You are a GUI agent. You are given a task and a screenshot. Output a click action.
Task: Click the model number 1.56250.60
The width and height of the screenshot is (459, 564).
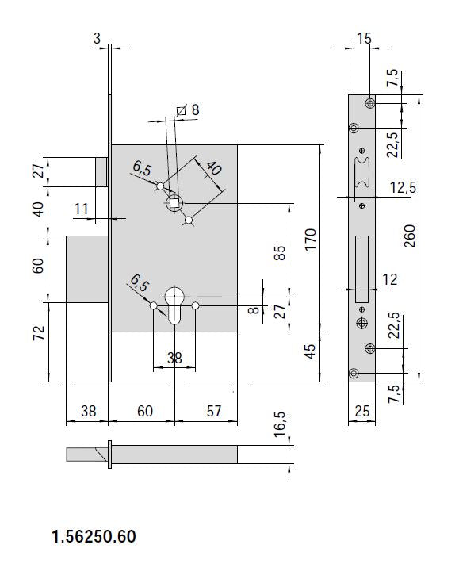[94, 536]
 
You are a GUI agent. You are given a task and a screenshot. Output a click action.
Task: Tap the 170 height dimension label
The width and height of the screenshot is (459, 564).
[310, 240]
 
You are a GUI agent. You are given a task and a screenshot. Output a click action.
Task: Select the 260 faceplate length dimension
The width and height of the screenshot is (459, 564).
[409, 236]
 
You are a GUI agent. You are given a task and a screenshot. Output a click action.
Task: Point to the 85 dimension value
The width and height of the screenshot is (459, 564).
[281, 252]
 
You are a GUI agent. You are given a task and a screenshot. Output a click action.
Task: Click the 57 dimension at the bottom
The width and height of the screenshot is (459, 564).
[214, 411]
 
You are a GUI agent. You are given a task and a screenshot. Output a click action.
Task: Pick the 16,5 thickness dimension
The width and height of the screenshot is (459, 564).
[281, 424]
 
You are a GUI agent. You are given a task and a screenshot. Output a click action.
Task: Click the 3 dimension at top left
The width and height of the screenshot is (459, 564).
[97, 38]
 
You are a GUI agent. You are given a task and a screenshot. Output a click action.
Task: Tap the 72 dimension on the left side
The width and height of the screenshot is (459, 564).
[39, 332]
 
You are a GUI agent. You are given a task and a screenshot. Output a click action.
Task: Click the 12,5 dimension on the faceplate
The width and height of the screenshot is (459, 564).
[403, 187]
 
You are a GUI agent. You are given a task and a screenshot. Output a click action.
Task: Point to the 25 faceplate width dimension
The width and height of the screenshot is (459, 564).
[362, 411]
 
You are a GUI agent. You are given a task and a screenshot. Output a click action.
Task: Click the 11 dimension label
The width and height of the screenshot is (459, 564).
[81, 209]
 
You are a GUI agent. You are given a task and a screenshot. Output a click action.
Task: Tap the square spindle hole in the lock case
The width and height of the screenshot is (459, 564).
[174, 203]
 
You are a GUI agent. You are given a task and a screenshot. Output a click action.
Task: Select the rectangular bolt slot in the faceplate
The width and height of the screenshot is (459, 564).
[361, 269]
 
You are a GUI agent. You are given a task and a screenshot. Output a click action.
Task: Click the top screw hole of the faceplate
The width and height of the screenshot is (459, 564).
[370, 103]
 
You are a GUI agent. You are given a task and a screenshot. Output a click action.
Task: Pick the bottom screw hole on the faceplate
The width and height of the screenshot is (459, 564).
[354, 374]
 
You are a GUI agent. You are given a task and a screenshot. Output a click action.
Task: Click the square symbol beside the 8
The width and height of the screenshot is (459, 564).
[182, 110]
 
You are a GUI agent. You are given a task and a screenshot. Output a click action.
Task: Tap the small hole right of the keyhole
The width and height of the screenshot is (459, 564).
[196, 305]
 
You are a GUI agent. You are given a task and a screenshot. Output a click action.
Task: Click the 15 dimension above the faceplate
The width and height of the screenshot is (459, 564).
[364, 38]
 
